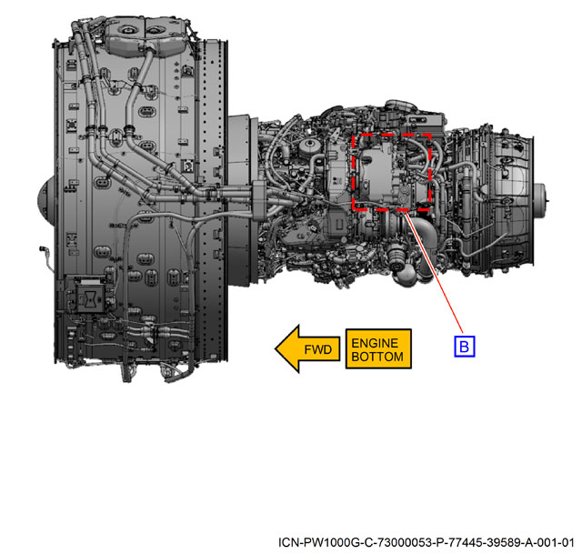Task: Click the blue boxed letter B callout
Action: tap(465, 346)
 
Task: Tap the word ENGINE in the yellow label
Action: tap(375, 343)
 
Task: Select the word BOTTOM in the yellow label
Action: tap(377, 357)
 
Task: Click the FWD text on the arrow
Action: tap(317, 349)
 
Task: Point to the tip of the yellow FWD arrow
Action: tap(275, 348)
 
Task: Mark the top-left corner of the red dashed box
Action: tap(353, 135)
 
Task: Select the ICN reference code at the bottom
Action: tap(426, 542)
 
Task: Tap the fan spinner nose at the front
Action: tap(45, 201)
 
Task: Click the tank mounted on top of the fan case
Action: tap(145, 36)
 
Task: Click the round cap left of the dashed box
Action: tap(309, 146)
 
